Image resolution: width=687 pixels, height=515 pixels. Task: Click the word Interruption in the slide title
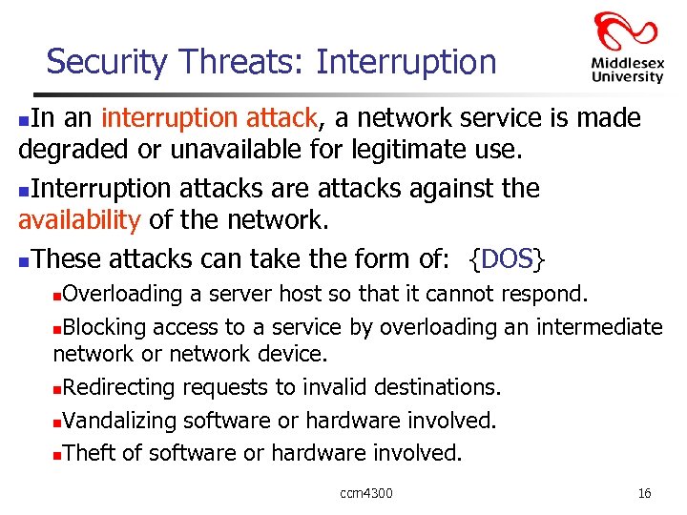406,62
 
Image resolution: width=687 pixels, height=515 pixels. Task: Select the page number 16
644,493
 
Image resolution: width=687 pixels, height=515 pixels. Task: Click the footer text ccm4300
366,493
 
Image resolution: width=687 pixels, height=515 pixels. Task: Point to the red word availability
79,221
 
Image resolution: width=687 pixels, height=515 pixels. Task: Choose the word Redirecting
120,387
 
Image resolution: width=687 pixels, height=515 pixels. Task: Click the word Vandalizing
120,420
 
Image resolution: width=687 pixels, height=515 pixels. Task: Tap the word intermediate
598,327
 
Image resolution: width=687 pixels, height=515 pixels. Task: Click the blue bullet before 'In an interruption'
25,120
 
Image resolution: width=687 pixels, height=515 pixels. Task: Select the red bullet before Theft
57,454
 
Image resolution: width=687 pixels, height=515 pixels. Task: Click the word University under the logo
627,77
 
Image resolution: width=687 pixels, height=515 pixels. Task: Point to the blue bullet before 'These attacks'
25,259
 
